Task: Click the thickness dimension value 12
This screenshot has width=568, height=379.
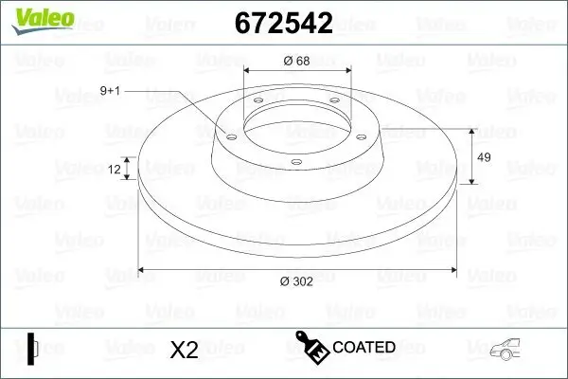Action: click(x=115, y=170)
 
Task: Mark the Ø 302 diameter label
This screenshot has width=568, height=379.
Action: click(x=297, y=281)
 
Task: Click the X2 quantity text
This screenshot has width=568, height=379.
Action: click(x=183, y=350)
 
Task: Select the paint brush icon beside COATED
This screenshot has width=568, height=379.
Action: click(x=311, y=347)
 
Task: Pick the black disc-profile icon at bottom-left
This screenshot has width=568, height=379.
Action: click(x=32, y=348)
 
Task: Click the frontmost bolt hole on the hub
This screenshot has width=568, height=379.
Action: click(x=295, y=162)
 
